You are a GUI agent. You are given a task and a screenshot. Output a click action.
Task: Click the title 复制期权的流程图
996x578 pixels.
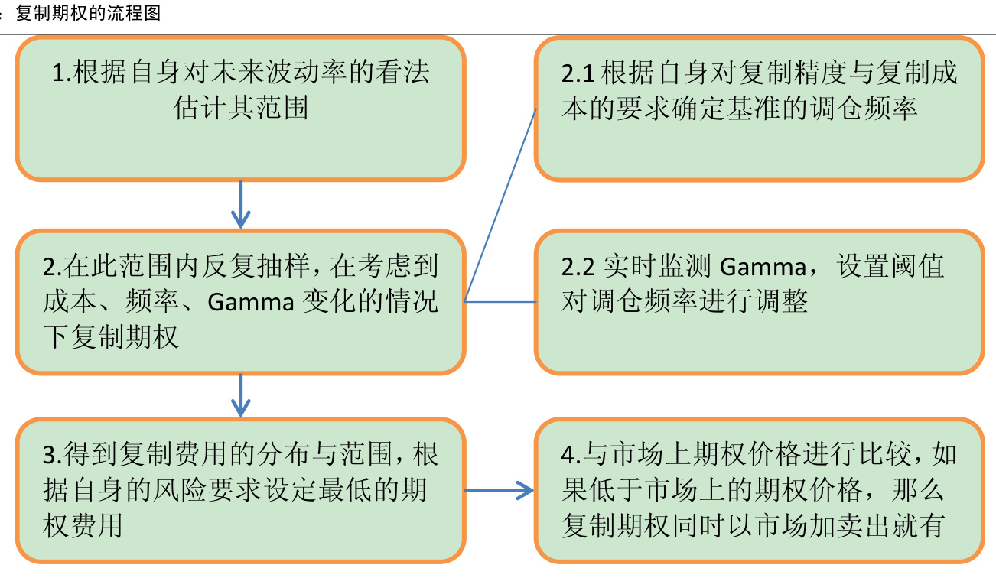point(88,13)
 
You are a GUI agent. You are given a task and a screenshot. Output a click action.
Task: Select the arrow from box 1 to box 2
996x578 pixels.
point(241,204)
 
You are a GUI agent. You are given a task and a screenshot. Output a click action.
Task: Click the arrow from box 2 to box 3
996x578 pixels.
point(241,395)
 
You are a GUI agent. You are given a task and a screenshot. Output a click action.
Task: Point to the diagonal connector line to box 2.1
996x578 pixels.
point(501,203)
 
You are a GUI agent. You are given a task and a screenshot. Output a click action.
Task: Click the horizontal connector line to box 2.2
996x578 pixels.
point(500,301)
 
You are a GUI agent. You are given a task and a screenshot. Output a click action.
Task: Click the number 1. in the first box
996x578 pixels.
point(61,73)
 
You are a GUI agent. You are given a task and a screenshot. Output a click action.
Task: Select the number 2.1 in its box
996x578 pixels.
point(578,73)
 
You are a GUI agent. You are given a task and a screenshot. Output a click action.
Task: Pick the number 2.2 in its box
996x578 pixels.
point(578,266)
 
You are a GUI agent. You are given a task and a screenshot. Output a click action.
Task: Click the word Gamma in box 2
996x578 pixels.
point(251,302)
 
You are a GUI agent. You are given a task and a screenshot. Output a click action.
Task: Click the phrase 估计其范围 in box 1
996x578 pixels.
point(241,108)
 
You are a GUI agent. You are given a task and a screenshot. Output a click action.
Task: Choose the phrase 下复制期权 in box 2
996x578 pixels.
point(111,337)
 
